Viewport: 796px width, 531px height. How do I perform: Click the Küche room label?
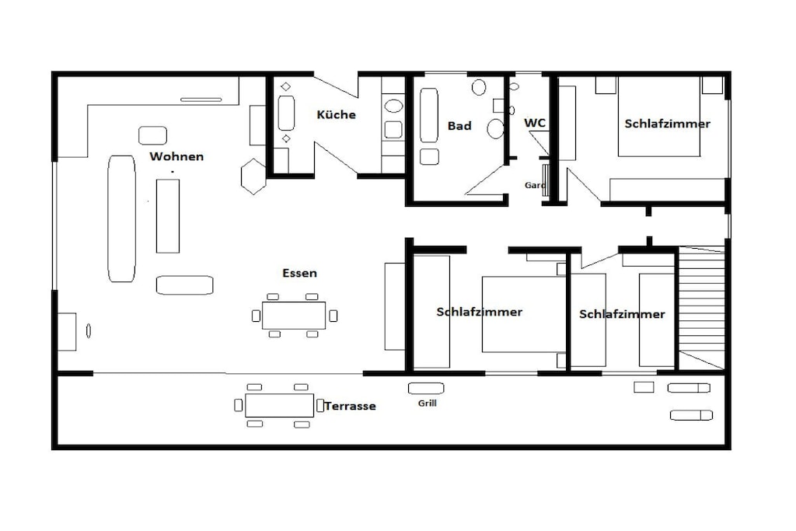point(336,114)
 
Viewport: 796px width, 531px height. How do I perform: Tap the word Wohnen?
point(176,156)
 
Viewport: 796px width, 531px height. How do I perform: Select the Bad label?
point(459,126)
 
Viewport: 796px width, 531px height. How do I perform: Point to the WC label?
point(535,123)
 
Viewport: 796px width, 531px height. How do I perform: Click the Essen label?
point(299,273)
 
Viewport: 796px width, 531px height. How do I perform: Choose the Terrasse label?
point(351,406)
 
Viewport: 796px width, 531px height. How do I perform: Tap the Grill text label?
point(428,403)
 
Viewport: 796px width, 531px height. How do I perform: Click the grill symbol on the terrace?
point(426,389)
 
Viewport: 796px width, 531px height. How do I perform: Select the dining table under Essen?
point(294,315)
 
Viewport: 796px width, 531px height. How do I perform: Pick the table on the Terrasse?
point(279,405)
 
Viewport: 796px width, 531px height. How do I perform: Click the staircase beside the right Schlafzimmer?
point(702,308)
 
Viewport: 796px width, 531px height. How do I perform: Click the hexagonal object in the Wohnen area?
point(253,176)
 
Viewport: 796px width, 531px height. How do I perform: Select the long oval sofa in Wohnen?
point(122,218)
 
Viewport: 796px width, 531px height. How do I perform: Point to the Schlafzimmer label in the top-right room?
point(667,124)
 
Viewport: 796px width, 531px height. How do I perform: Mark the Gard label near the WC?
point(535,185)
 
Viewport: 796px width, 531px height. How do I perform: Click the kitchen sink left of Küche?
point(286,113)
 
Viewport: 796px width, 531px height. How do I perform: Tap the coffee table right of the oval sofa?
point(168,216)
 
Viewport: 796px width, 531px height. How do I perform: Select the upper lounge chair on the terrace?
point(689,389)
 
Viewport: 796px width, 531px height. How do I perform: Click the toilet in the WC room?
point(514,86)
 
